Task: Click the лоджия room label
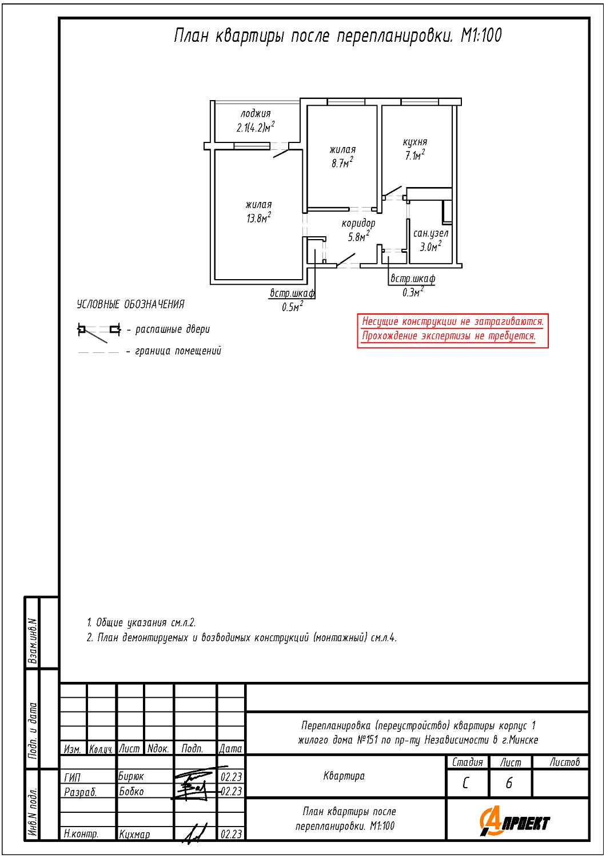tap(256, 113)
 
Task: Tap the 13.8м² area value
tap(259, 217)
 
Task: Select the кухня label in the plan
tap(415, 142)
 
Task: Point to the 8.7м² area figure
tap(342, 163)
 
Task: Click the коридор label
tap(358, 223)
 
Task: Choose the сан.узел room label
tap(430, 233)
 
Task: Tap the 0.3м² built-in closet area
tap(413, 292)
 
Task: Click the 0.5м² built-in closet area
tap(293, 307)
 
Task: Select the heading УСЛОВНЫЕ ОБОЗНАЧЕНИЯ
tap(130, 304)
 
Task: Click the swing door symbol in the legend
tap(99, 332)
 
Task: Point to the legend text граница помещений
tap(178, 351)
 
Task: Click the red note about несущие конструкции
tap(452, 329)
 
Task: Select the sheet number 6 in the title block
tap(509, 783)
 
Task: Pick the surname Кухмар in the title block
tap(134, 834)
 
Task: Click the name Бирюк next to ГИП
tap(131, 776)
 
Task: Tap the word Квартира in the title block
tap(344, 776)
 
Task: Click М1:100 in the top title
tap(481, 35)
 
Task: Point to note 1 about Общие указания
tap(141, 622)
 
